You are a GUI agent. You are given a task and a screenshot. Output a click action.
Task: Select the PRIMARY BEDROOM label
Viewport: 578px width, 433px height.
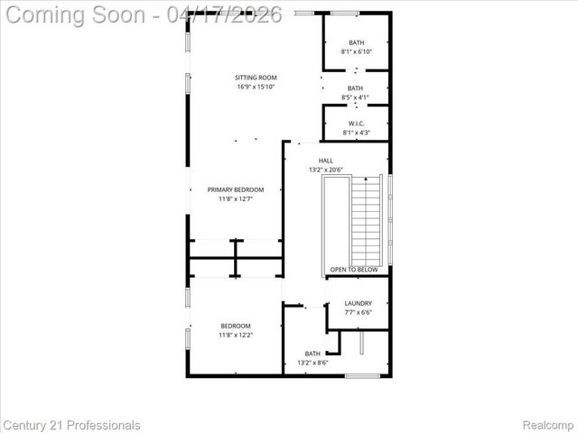(236, 189)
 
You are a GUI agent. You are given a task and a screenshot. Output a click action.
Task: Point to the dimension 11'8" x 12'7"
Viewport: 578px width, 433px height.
(236, 199)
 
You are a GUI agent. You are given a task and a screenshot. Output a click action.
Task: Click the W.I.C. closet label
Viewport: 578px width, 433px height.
(356, 124)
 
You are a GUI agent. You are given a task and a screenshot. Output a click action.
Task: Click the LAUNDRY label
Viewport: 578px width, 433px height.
(359, 303)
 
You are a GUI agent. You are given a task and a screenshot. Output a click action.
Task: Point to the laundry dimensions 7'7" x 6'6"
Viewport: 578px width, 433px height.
(359, 313)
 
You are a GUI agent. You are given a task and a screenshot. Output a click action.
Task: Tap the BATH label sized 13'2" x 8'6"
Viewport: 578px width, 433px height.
(312, 354)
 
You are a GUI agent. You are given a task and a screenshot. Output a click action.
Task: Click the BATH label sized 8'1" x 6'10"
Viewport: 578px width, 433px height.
(356, 42)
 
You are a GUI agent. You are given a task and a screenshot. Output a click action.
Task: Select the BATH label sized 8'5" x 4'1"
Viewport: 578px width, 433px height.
(356, 88)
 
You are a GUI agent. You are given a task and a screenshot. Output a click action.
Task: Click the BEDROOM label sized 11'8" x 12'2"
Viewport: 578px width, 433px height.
(236, 326)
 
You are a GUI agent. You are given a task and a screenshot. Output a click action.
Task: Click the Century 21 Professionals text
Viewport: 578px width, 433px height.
(71, 425)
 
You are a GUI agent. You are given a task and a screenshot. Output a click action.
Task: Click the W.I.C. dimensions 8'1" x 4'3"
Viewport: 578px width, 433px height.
(356, 134)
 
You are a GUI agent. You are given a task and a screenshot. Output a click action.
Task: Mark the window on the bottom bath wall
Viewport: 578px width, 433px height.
(361, 375)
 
